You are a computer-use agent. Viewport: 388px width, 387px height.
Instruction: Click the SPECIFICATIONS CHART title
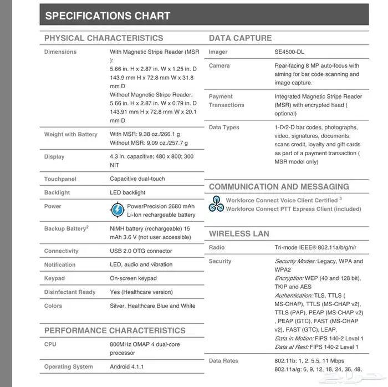(107, 15)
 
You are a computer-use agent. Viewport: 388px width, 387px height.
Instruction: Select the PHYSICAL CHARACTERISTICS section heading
(104, 38)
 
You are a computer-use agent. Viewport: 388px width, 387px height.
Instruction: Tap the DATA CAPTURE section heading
(240, 38)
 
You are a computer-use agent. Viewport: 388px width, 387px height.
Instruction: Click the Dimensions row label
(60, 52)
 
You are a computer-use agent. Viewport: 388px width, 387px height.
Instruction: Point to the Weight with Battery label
(70, 134)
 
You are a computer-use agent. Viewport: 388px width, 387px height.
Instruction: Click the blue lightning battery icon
(118, 210)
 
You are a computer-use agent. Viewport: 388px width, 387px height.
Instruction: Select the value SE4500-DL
(289, 52)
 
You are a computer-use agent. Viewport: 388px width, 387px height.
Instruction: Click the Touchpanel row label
(60, 179)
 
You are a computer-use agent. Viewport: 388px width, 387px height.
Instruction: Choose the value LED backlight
(127, 192)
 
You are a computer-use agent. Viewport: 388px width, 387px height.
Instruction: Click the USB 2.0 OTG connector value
(141, 251)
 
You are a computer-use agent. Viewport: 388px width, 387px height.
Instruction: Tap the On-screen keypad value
(133, 278)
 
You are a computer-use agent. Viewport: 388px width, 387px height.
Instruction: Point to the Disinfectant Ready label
(70, 292)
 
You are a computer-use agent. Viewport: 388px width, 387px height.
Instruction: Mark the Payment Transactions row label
(226, 100)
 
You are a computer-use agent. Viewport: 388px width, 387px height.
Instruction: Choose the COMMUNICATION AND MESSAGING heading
(279, 187)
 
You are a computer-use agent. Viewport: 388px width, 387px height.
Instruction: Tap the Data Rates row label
(223, 361)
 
